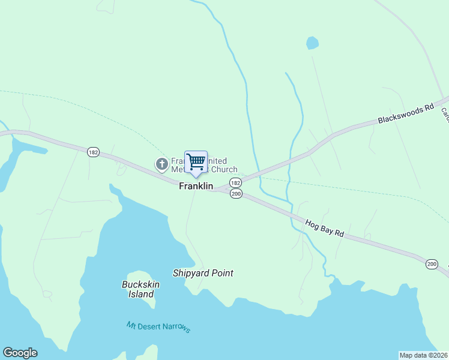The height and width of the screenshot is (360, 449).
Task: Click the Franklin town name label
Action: click(196, 187)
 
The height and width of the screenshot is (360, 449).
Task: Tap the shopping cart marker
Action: click(196, 162)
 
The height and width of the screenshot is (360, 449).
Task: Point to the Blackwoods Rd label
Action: click(405, 113)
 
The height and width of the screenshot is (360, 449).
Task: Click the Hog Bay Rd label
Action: click(324, 229)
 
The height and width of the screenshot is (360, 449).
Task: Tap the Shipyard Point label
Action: click(203, 273)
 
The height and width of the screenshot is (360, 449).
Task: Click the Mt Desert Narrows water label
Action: click(158, 327)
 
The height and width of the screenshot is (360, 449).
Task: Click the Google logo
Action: click(20, 353)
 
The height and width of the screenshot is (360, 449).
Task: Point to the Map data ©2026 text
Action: click(423, 355)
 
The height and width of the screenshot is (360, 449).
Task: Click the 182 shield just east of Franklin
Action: click(235, 182)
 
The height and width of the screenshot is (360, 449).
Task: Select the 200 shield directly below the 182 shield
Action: click(236, 194)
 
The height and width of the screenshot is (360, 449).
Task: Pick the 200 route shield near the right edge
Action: click(432, 264)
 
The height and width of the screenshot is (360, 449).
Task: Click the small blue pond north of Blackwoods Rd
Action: click(312, 43)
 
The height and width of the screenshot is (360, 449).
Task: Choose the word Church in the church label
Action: click(225, 170)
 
